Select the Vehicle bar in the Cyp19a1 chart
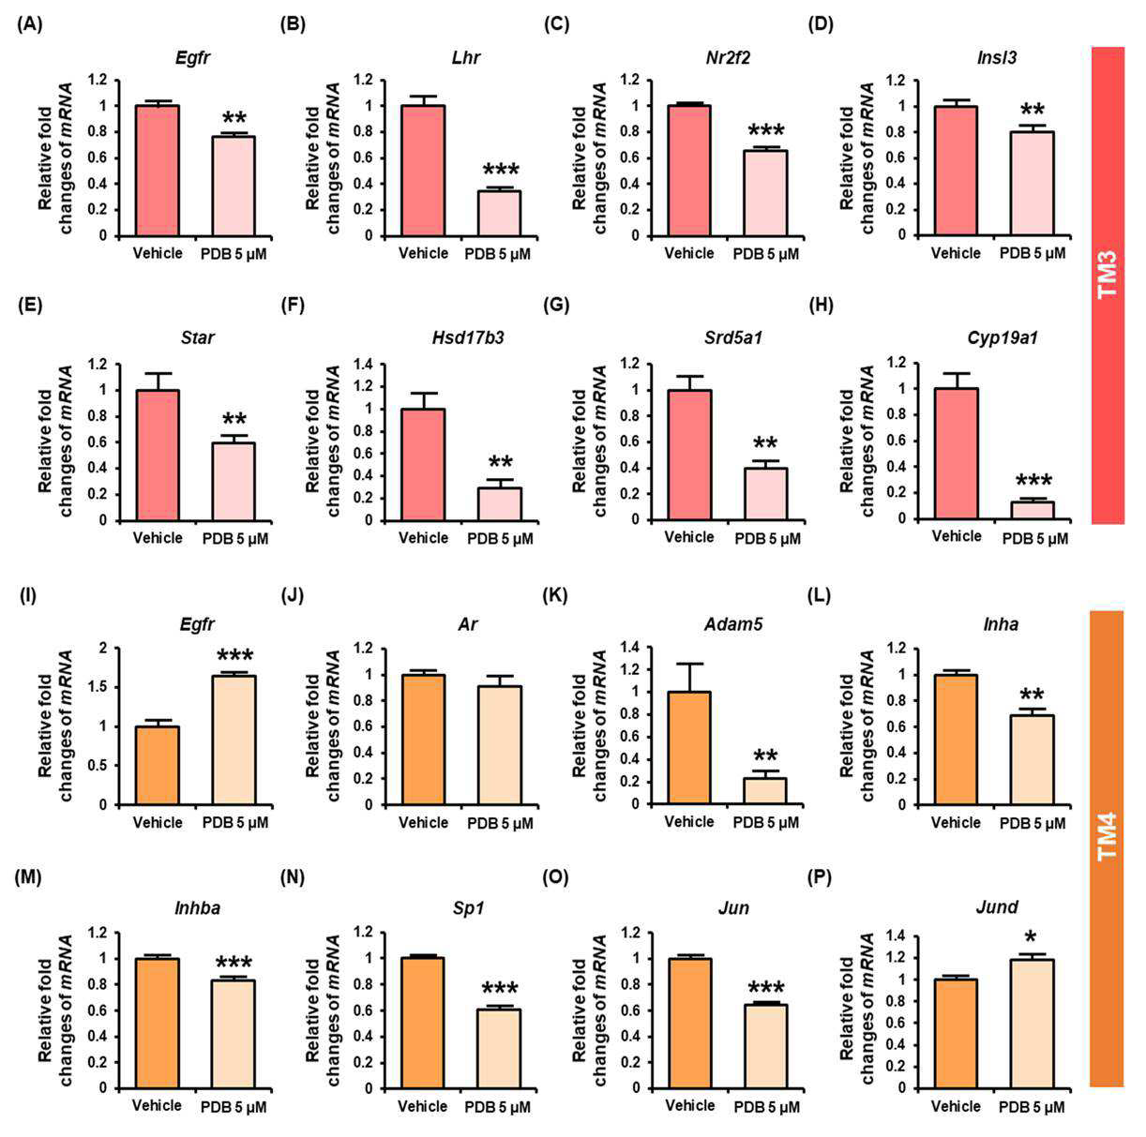(x=957, y=454)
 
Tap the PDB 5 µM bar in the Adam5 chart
(x=766, y=791)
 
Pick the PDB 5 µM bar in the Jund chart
(x=1032, y=1024)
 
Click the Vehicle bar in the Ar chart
(x=424, y=740)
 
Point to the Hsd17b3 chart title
(x=467, y=337)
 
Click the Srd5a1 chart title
(x=733, y=337)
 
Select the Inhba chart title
(x=198, y=908)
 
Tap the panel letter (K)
(x=555, y=595)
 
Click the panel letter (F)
(x=292, y=306)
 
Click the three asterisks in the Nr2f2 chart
(x=766, y=129)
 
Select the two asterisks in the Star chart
(x=234, y=419)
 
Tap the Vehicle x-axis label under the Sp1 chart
(x=423, y=1106)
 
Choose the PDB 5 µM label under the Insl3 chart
(x=1033, y=254)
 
